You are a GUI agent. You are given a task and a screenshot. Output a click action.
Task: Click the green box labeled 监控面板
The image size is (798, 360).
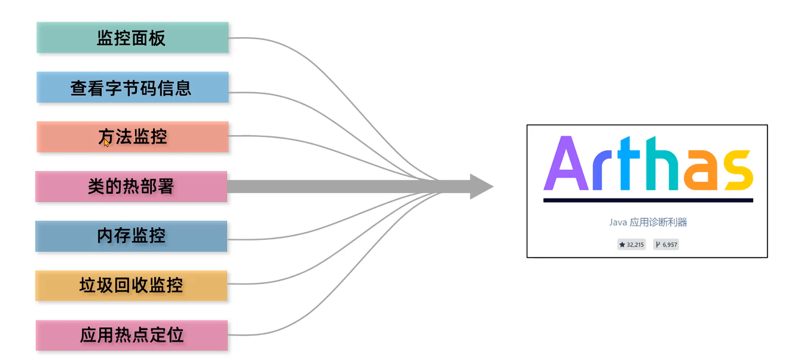[132, 38]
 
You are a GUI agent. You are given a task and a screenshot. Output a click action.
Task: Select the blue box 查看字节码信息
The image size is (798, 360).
[132, 87]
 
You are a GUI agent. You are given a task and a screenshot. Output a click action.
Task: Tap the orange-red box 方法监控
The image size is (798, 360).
[132, 137]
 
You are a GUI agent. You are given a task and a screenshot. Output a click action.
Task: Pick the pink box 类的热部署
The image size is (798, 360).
[131, 187]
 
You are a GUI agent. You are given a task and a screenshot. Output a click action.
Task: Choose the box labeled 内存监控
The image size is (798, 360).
[131, 236]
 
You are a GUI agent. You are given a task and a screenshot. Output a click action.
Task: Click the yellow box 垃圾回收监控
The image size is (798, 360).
[131, 286]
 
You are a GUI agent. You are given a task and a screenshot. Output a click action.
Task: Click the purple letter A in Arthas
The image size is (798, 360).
[564, 163]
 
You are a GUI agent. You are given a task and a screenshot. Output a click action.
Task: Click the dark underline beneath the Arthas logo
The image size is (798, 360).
[647, 200]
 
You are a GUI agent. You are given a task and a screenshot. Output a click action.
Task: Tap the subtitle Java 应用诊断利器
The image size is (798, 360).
[648, 222]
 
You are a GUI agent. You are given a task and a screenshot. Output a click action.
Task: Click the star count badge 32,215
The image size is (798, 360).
[631, 245]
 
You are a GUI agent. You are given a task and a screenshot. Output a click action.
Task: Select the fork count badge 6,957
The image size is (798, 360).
[666, 245]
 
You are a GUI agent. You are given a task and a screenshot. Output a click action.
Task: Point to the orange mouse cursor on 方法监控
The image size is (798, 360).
[106, 142]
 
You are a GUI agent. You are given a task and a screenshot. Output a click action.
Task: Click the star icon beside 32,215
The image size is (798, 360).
[622, 245]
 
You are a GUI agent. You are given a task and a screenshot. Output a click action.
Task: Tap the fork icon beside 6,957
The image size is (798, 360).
[658, 245]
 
